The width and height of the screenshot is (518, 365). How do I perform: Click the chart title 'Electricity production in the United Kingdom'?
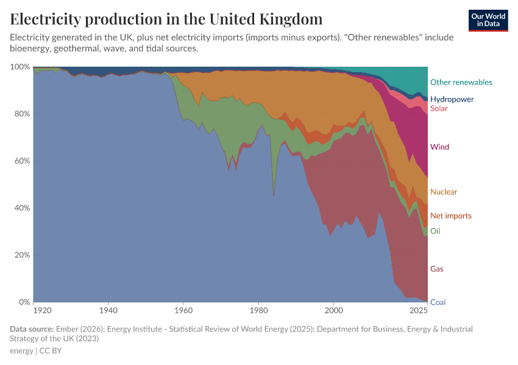166,19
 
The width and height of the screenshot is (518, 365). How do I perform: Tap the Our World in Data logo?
488,20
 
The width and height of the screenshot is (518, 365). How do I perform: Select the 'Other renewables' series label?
461,82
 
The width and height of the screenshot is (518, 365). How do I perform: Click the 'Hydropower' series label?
452,99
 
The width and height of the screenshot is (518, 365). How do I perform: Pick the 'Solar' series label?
439,109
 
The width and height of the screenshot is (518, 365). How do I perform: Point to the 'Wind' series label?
439,147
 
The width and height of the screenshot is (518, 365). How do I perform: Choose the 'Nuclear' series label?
443,192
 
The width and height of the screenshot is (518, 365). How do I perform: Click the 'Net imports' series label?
450,216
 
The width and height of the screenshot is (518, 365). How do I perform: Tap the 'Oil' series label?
435,231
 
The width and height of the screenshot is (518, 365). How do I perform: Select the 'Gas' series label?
436,269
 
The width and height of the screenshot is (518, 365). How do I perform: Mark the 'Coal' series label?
437,302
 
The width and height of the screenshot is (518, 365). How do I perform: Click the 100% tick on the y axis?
21,67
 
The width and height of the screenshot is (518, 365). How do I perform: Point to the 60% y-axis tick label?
22,161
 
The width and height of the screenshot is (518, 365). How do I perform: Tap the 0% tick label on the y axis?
24,302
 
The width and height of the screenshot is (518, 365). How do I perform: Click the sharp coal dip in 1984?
274,196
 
